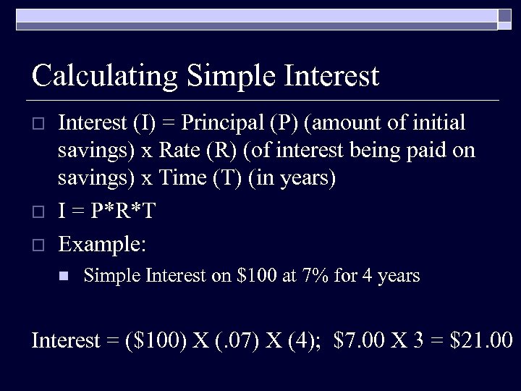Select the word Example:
point(102,244)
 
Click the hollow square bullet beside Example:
point(40,244)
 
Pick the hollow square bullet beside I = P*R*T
point(40,212)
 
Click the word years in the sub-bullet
point(399,276)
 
